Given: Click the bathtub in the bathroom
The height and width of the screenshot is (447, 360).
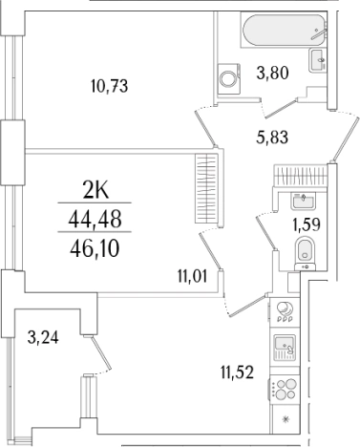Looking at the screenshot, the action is tap(284, 31).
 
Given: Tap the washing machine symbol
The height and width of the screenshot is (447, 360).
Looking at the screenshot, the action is tap(229, 78).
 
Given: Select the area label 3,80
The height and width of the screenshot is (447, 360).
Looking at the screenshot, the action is tap(272, 73).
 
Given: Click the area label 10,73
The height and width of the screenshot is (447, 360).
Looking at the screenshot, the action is tap(109, 86).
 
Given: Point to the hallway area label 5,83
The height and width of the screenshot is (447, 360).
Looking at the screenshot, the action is tap(272, 138).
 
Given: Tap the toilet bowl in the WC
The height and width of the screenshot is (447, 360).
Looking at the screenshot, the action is tap(305, 251).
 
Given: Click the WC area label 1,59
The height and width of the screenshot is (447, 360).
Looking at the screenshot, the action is tap(307, 224).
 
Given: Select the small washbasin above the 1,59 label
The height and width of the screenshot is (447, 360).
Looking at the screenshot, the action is tap(302, 201).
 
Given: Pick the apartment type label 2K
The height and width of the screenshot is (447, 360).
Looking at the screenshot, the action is tap(95, 191).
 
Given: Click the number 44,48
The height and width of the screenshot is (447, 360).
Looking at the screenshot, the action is tap(95, 220).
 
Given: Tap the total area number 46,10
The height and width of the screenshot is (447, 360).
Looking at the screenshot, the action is tap(95, 248).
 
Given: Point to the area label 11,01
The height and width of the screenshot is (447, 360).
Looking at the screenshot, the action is tap(193, 276).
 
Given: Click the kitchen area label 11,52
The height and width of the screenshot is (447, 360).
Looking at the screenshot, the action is tap(238, 372).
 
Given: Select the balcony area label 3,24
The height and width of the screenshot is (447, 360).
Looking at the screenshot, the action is tap(43, 337).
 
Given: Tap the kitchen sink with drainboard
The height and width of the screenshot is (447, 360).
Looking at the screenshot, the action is tap(285, 348).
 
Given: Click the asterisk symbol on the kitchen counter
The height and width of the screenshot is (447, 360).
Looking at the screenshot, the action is tap(285, 419).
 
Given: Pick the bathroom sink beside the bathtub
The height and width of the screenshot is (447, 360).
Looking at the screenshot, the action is tap(318, 60).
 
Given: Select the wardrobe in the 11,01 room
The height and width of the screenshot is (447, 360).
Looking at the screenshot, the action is tap(206, 189).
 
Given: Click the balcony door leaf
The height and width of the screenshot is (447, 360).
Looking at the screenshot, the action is tap(100, 352).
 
